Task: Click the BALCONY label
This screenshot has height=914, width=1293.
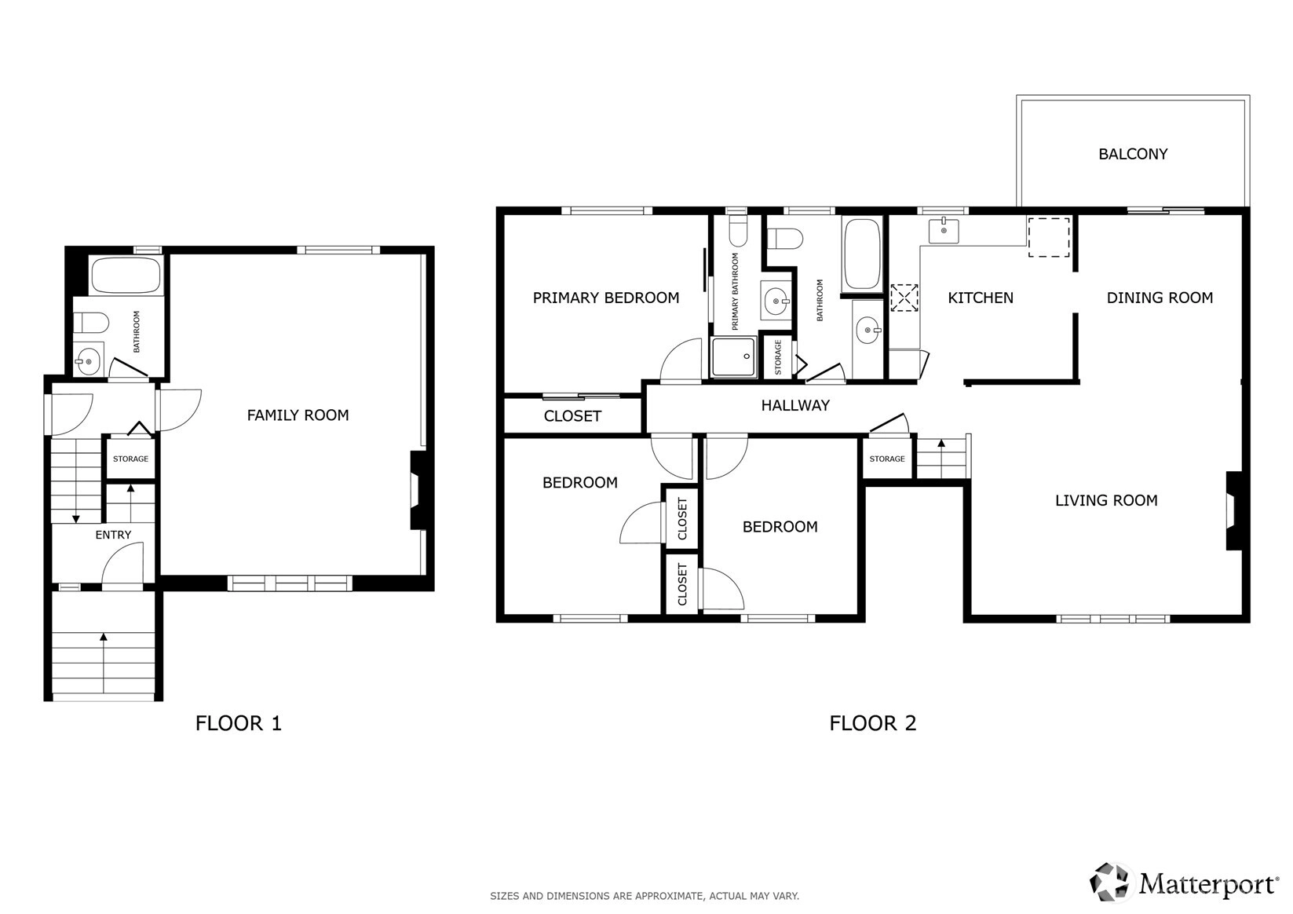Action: pos(1133,154)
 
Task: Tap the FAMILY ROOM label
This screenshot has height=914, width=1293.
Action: pos(298,415)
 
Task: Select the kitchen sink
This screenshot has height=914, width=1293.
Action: pos(944,230)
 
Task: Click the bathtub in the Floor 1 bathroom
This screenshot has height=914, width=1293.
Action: pos(126,275)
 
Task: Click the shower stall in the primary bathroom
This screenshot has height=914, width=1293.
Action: pos(733,356)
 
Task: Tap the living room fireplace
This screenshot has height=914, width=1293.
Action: pos(1234,511)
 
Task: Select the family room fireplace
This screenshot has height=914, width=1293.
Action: pos(418,490)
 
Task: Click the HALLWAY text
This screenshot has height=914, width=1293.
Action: pos(794,405)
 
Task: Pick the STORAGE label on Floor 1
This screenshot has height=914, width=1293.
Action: pos(130,459)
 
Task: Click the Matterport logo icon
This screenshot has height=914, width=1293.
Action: pos(1109,882)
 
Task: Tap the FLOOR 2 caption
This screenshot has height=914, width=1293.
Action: pos(872,723)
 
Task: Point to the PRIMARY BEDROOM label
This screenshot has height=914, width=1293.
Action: pos(605,298)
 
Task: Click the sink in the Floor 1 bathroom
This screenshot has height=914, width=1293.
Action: pos(88,361)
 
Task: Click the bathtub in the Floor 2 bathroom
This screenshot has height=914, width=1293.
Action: pos(861,254)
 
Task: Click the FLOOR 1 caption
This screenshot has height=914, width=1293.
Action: pos(238,723)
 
